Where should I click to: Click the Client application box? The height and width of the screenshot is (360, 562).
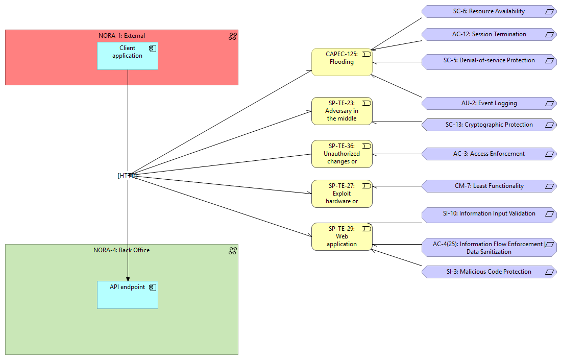pos(127,56)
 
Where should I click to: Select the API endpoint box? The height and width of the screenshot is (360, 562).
pos(127,295)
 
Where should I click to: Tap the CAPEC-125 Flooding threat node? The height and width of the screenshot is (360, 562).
pos(341,62)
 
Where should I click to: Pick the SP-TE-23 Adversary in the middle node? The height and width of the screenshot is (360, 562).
pos(341,111)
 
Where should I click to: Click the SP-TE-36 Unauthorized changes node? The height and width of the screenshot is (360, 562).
pos(341,154)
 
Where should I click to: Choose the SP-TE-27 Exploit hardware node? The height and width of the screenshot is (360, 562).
pos(341,194)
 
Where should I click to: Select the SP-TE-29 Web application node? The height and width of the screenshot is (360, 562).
pos(341,236)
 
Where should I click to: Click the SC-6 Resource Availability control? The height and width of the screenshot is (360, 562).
pos(488,11)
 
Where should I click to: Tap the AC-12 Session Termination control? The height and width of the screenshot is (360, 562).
pos(488,34)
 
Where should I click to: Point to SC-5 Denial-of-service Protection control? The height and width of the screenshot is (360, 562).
pos(488,60)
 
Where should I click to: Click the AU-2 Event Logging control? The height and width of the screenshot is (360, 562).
pos(488,103)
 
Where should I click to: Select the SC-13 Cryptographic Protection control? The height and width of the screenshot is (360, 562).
pos(488,125)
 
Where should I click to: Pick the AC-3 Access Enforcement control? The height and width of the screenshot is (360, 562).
pos(488,154)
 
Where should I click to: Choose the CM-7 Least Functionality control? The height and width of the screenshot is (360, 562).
pos(488,186)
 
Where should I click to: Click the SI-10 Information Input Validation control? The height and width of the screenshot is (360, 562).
pos(488,214)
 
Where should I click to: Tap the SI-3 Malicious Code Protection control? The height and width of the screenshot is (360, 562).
pos(488,272)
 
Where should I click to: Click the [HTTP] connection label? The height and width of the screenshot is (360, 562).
pos(127,175)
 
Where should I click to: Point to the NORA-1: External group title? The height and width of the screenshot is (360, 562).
pos(121,36)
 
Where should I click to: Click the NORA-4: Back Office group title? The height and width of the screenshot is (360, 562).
pos(121,250)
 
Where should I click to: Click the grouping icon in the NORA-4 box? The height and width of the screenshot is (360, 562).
pos(232,251)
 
